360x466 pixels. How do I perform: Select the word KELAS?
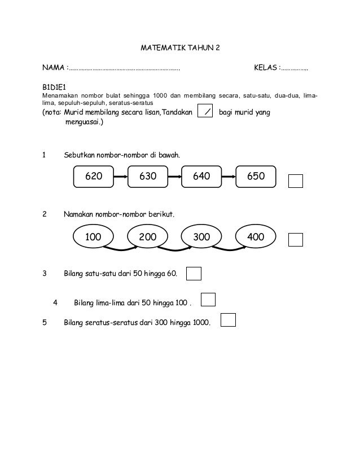265,68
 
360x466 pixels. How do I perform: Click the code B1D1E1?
54,89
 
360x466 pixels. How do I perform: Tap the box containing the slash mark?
207,113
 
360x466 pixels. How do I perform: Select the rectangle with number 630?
148,176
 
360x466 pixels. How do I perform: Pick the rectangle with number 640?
201,176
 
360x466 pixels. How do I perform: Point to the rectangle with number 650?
256,176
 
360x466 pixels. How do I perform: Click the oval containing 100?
94,238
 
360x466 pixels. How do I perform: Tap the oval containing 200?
148,238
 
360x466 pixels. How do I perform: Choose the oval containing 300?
201,238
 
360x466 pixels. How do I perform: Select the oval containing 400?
256,238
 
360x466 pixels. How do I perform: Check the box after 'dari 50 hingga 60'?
194,274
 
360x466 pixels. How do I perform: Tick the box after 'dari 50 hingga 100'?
208,299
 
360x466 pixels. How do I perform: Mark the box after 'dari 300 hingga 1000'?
228,320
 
